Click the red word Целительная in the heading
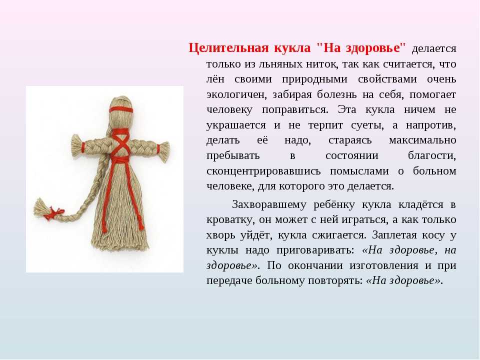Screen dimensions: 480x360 pyautogui.click(x=228, y=48)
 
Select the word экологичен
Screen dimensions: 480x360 pyautogui.click(x=235, y=95)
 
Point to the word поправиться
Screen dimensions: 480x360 pyautogui.click(x=295, y=110)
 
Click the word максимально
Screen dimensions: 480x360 pyautogui.click(x=422, y=140)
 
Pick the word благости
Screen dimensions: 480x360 pyautogui.click(x=432, y=156)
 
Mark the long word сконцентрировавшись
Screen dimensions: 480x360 pyautogui.click(x=263, y=171)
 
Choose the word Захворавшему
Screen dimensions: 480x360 pyautogui.click(x=269, y=204)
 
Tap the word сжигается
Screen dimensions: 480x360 pyautogui.click(x=339, y=235)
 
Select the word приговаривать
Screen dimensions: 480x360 pyautogui.click(x=315, y=250)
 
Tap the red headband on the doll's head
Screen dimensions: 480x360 pyautogui.click(x=121, y=110)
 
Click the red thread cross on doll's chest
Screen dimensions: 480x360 pyautogui.click(x=120, y=143)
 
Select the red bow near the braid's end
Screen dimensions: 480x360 pyautogui.click(x=54, y=213)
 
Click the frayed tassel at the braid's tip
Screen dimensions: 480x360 pyautogui.click(x=41, y=207)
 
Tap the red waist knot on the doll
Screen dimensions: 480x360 pyautogui.click(x=119, y=160)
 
